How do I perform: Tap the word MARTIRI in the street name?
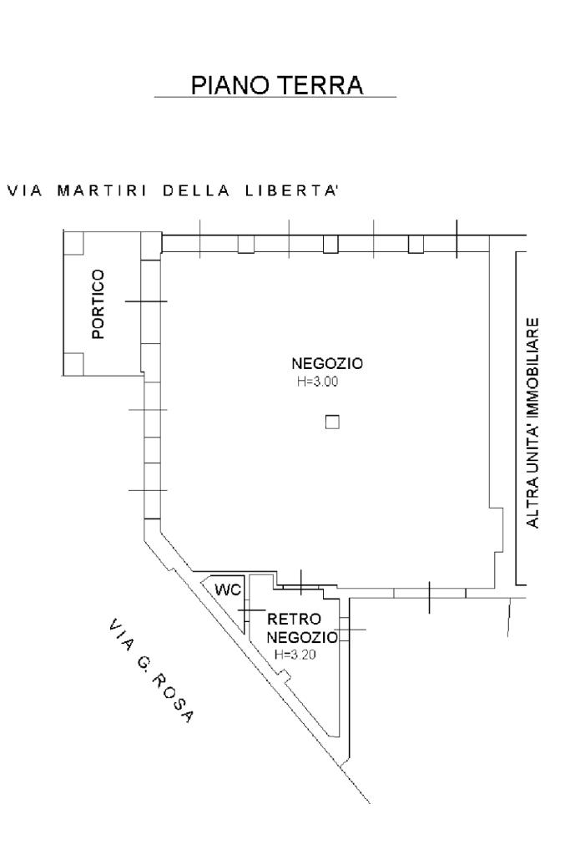(102, 190)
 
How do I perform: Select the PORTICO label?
(98, 304)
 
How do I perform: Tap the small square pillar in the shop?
(332, 422)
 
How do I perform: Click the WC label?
(227, 589)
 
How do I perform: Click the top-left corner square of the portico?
(73, 242)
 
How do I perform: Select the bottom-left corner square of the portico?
(73, 363)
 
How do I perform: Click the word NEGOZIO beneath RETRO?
(303, 638)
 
